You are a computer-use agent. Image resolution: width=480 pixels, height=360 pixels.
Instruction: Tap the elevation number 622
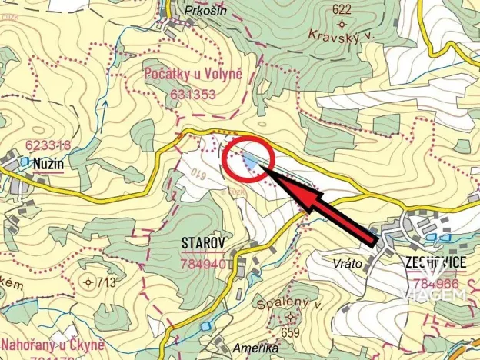click(342, 10)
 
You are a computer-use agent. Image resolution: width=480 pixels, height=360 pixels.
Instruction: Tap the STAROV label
click(202, 243)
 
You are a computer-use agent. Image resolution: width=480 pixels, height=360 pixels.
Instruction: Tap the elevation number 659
click(290, 332)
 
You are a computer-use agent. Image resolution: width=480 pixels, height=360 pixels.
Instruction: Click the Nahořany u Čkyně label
click(52, 344)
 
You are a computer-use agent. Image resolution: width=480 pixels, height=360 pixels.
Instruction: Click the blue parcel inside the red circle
click(252, 161)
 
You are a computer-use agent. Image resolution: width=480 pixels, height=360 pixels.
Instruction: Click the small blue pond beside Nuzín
click(25, 162)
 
